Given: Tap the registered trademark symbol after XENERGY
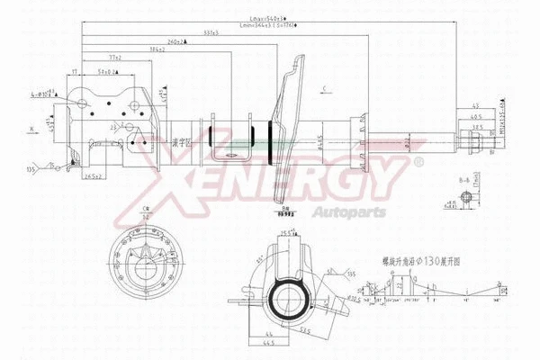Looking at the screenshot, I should click(x=418, y=162).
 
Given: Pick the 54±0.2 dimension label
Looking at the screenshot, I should click(x=109, y=71).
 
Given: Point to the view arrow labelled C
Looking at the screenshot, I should click(x=321, y=87).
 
